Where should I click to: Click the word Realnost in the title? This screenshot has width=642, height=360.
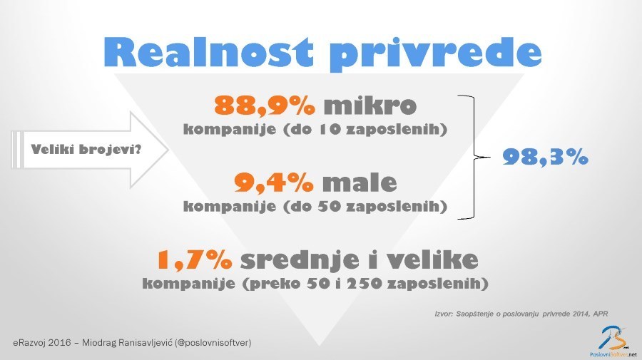pos(209,52)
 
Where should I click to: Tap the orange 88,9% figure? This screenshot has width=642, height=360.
pos(265,106)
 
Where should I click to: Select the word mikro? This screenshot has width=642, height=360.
pos(370,105)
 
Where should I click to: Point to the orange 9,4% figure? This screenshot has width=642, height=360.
pos(274,182)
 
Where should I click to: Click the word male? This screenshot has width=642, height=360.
pos(360,182)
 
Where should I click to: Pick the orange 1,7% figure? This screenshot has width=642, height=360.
pos(195,259)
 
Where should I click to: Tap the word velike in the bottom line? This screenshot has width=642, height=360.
pos(433,259)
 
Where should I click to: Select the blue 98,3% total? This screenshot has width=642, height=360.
pos(546,156)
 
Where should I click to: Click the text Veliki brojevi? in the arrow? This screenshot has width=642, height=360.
pos(86,149)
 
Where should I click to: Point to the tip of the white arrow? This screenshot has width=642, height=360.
pos(168,150)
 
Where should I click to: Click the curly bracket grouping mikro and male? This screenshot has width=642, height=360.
pos(474,157)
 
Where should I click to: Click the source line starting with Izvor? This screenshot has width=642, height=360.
pos(521,314)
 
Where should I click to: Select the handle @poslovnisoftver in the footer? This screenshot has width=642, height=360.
pos(213,342)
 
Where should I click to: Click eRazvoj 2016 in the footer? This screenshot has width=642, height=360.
pos(41,342)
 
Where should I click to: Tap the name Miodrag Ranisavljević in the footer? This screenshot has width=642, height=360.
pos(127,342)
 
